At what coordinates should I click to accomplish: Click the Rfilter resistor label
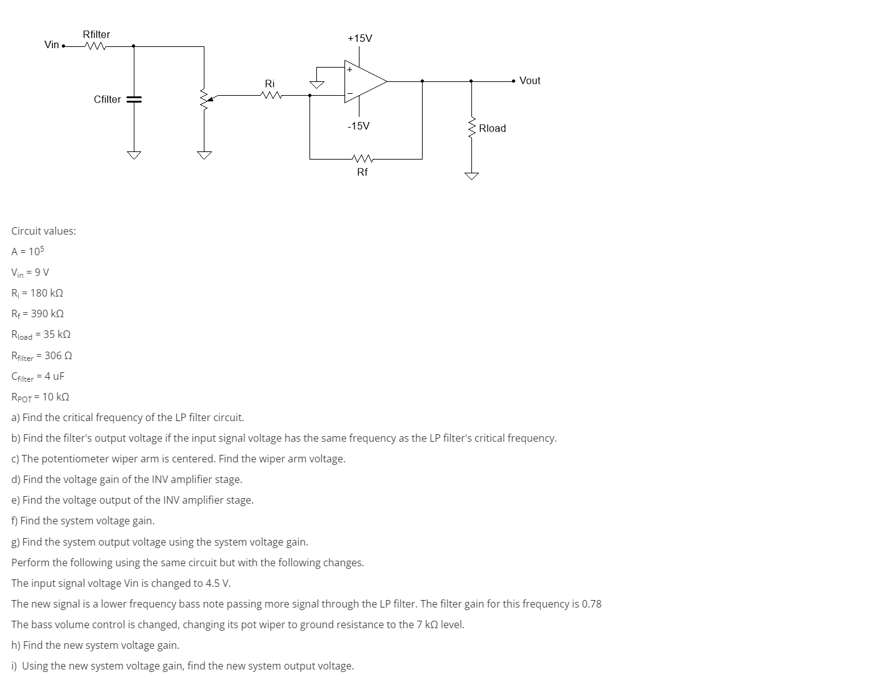pyautogui.click(x=96, y=34)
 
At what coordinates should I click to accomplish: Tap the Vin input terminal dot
pyautogui.click(x=64, y=46)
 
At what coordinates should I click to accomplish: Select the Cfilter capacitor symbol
pyautogui.click(x=134, y=99)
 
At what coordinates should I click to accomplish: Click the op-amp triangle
pyautogui.click(x=364, y=81)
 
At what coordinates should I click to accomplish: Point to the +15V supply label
pyautogui.click(x=359, y=38)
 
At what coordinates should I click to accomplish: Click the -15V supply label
pyautogui.click(x=358, y=126)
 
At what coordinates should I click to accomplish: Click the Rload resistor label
pyautogui.click(x=492, y=128)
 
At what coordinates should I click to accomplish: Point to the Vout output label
pyautogui.click(x=530, y=81)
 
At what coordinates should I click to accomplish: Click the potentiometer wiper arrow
pyautogui.click(x=211, y=98)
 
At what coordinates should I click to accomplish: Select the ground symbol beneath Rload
pyautogui.click(x=471, y=176)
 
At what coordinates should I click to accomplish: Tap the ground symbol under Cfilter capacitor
pyautogui.click(x=134, y=155)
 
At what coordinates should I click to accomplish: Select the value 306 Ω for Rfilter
pyautogui.click(x=58, y=355)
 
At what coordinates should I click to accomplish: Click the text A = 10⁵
pyautogui.click(x=28, y=252)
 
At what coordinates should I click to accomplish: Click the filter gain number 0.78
pyautogui.click(x=591, y=604)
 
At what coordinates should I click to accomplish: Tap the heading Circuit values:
pyautogui.click(x=44, y=231)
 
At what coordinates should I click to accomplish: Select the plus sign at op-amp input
pyautogui.click(x=350, y=69)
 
